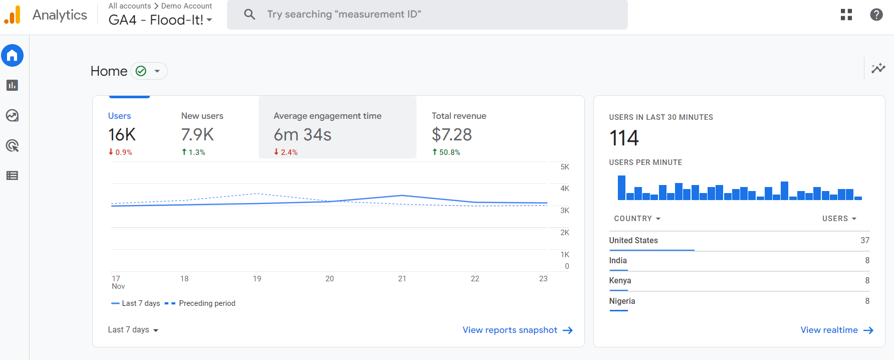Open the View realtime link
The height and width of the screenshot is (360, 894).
[x=836, y=330]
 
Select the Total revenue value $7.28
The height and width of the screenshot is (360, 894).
[x=452, y=134]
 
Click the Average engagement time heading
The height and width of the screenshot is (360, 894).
[x=327, y=116]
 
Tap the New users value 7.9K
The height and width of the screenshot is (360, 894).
[x=197, y=134]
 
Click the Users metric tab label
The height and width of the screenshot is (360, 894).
[x=119, y=116]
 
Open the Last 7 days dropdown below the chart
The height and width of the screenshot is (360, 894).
[x=133, y=330]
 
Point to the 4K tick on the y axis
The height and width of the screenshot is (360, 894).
[x=565, y=189]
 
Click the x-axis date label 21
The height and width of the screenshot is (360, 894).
[x=402, y=279]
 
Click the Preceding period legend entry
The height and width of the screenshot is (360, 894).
[x=206, y=303]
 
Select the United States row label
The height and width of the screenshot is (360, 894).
[x=633, y=241]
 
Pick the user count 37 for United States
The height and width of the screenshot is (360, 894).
[x=864, y=241]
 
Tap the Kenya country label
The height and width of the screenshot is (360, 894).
[x=620, y=281]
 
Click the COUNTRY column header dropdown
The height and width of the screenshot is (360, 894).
[x=637, y=219]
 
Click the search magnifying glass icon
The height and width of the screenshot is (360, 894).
[x=249, y=15]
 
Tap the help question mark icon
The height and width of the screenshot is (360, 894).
[x=876, y=15]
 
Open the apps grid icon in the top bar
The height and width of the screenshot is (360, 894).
[x=846, y=15]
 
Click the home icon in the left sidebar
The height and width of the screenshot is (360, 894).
[x=13, y=55]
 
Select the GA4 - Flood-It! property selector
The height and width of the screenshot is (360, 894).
[x=160, y=20]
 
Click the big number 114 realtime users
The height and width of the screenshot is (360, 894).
[x=624, y=138]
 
